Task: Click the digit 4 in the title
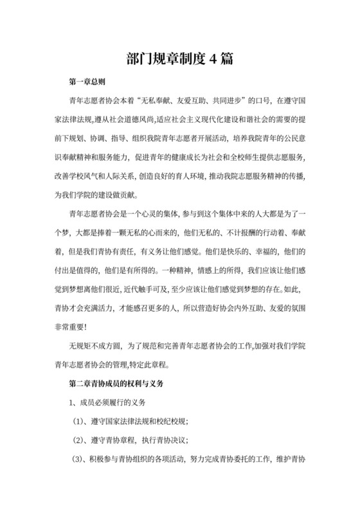(208, 59)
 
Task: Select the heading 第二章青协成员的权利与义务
(118, 384)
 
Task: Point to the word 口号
(261, 100)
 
